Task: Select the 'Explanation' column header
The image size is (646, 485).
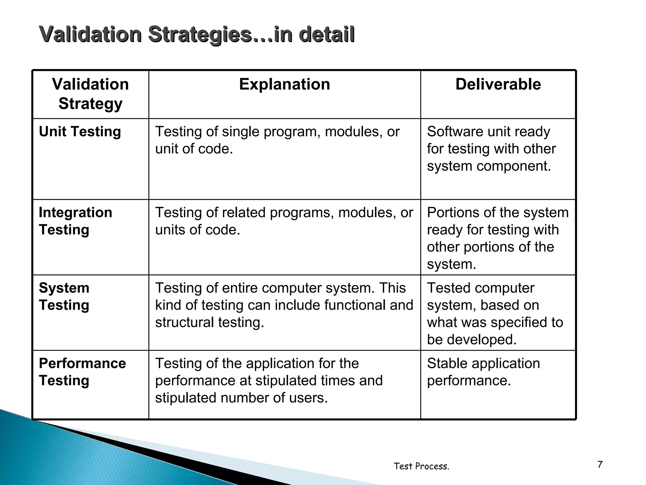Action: (x=285, y=85)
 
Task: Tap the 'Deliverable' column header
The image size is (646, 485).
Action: (x=498, y=85)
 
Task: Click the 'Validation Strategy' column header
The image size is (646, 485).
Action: (x=91, y=94)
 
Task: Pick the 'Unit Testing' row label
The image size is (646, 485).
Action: (x=80, y=132)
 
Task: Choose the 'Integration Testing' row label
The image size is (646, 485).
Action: (x=75, y=221)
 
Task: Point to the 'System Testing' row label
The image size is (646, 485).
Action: (x=64, y=296)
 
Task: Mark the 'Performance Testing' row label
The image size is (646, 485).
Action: (x=82, y=372)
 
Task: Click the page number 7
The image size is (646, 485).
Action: (x=600, y=464)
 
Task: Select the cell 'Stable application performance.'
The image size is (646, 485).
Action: (x=483, y=372)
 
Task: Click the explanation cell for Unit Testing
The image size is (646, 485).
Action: (x=277, y=140)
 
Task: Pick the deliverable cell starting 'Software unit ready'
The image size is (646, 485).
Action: (x=491, y=149)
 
